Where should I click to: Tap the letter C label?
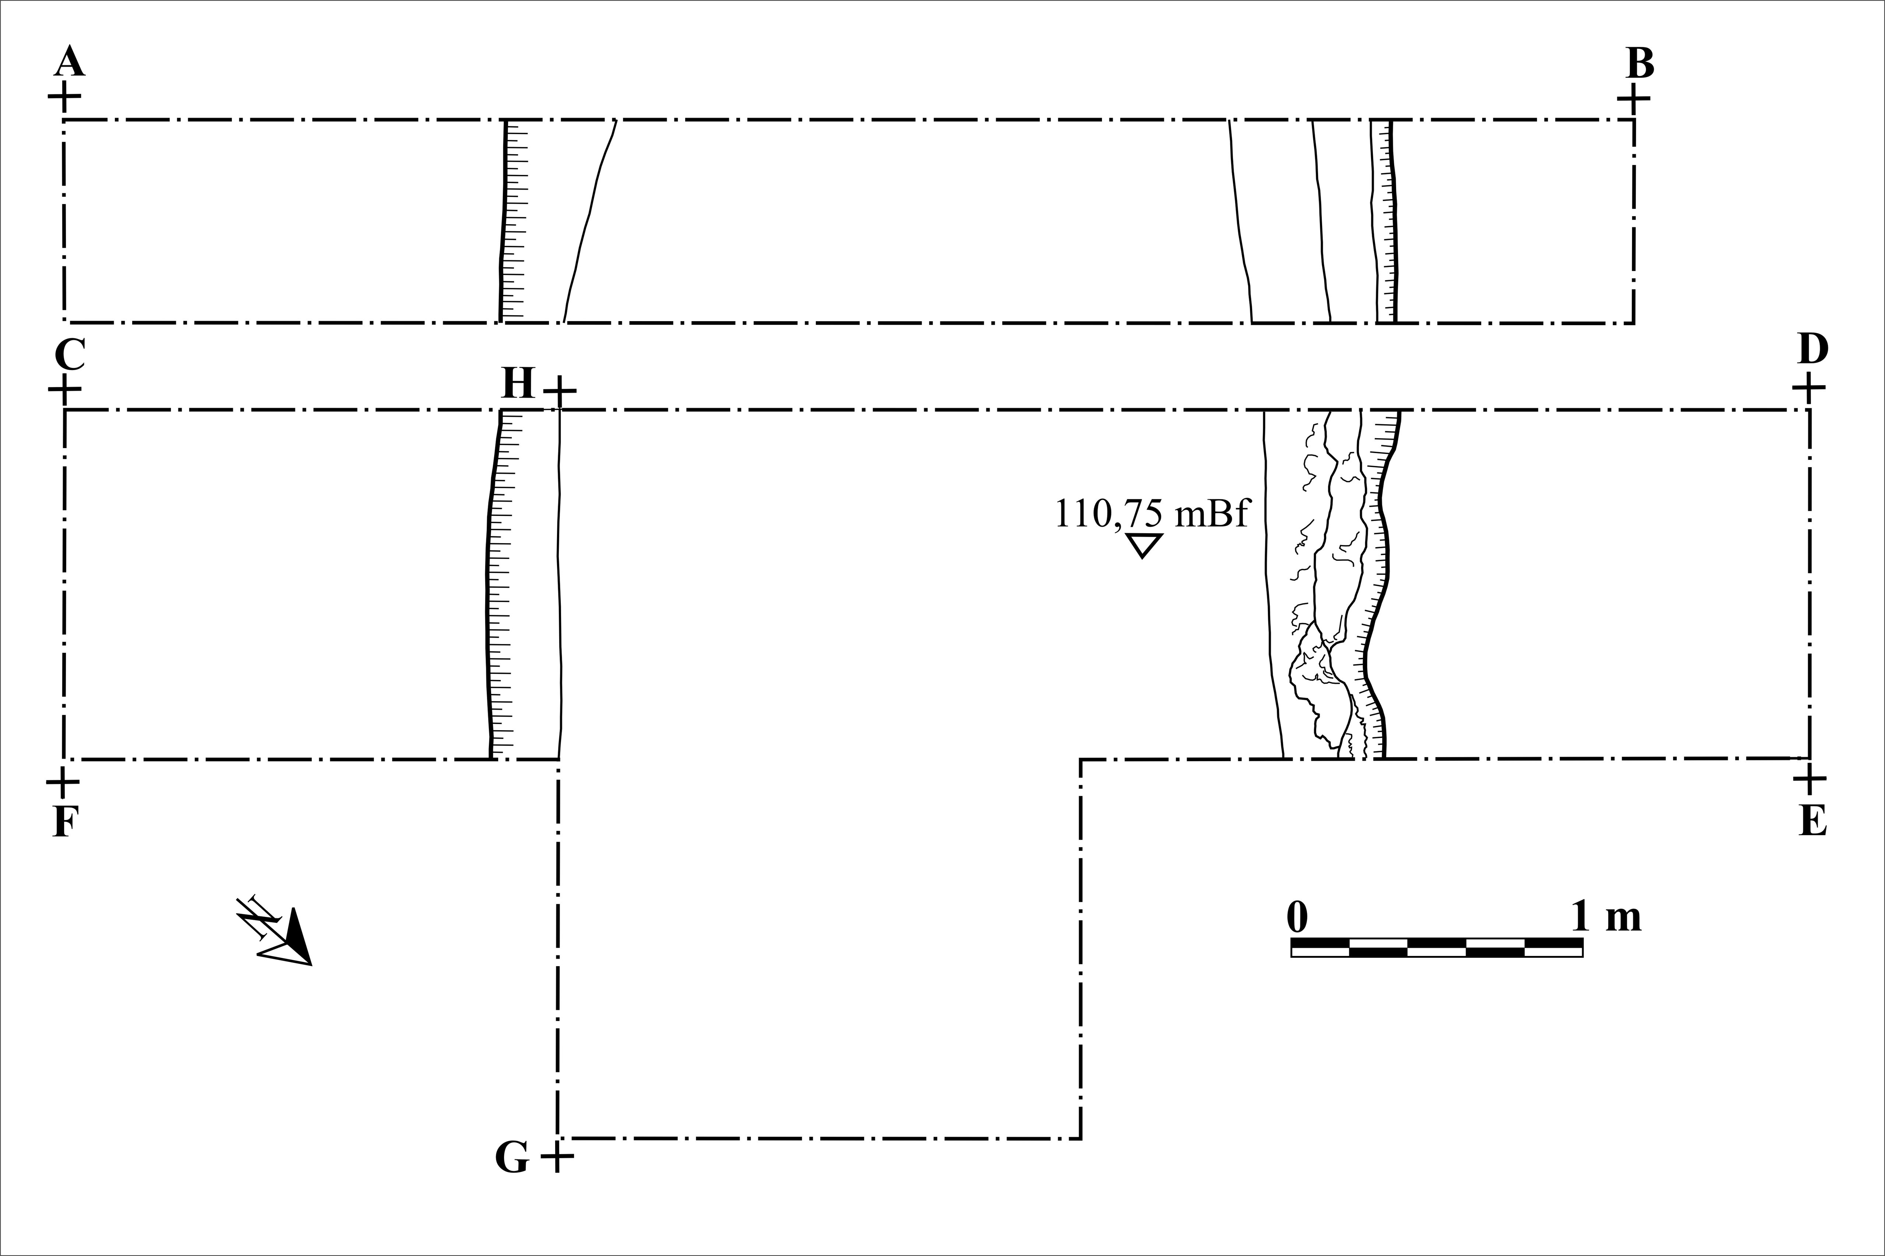coord(70,354)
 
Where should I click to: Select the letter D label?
coord(1813,349)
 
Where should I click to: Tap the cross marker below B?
coord(1634,99)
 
